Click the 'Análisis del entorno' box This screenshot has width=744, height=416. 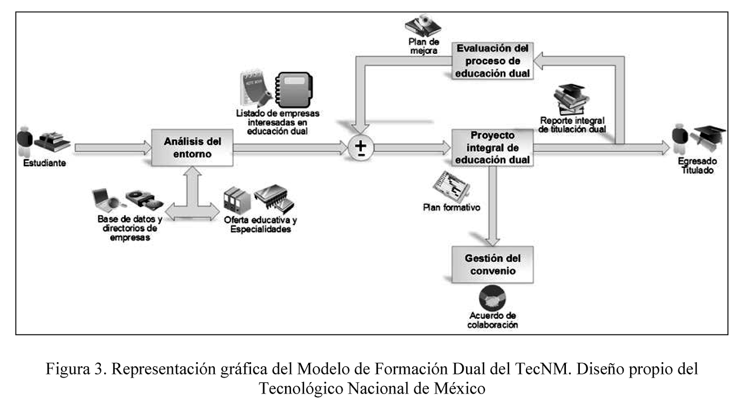[x=192, y=148]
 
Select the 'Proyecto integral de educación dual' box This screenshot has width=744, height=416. [x=492, y=148]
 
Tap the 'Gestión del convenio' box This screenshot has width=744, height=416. [x=492, y=265]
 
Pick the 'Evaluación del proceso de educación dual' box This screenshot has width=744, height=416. [x=492, y=61]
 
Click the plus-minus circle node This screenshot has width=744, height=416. [x=361, y=148]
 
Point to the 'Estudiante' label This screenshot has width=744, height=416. [x=45, y=163]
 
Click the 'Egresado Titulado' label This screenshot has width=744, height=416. [x=697, y=166]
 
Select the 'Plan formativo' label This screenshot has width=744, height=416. [x=452, y=208]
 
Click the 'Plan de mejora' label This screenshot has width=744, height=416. [x=424, y=46]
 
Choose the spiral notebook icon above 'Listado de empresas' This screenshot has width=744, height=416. [x=294, y=90]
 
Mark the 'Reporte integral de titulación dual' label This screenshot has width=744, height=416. [x=572, y=125]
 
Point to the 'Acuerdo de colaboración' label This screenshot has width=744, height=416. [x=492, y=320]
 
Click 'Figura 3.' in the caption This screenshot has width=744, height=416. [x=76, y=370]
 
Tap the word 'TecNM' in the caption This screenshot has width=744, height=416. [x=543, y=370]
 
